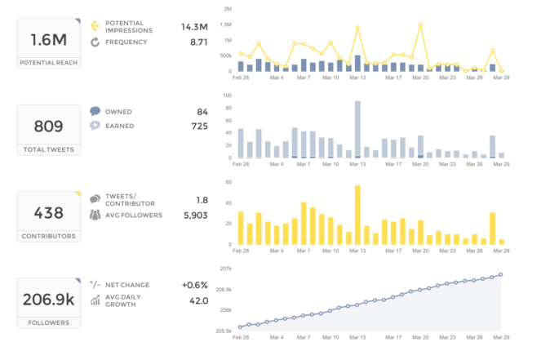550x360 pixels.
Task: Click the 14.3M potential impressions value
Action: pos(194,27)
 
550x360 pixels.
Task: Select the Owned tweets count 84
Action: pos(202,111)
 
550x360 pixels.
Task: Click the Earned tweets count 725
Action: pos(199,126)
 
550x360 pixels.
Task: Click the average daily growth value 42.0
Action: pos(197,300)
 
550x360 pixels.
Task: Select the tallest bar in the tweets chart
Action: pos(357,129)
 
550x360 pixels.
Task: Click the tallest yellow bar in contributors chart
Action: pos(357,214)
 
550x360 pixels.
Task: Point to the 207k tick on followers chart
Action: pos(227,268)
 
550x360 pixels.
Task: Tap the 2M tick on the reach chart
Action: pos(228,8)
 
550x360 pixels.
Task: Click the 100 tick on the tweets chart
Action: pos(228,96)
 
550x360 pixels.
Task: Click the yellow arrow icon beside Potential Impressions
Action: pos(95,25)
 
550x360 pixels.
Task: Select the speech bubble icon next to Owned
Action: pos(95,111)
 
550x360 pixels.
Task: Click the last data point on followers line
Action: pos(501,274)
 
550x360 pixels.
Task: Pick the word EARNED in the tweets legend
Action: pos(120,126)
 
